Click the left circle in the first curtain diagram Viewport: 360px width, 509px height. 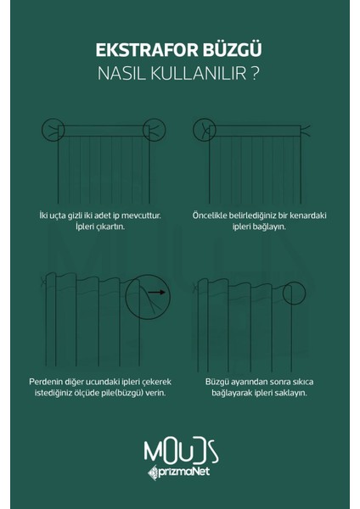click(x=53, y=129)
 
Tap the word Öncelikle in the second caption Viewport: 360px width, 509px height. click(x=211, y=215)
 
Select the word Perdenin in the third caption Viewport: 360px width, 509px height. click(x=58, y=382)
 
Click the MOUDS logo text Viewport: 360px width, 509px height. click(x=180, y=448)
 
